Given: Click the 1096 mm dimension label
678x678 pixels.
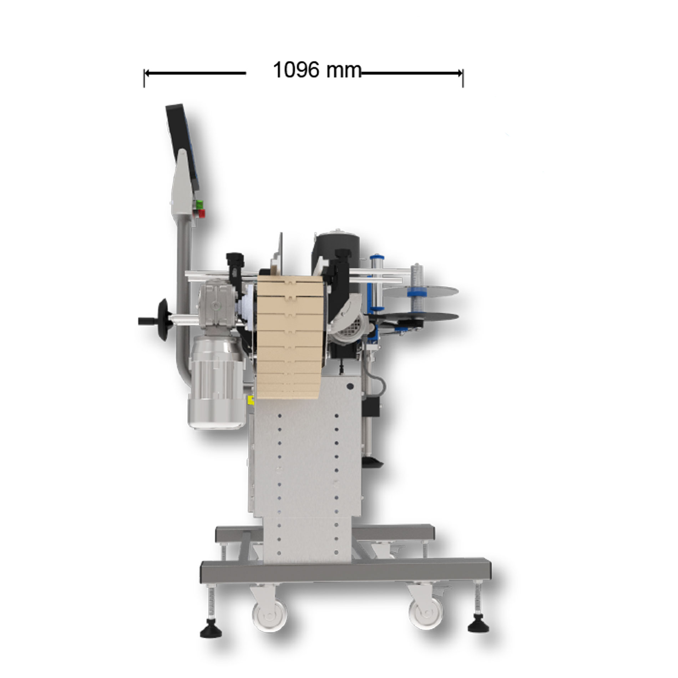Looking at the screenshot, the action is tap(317, 70).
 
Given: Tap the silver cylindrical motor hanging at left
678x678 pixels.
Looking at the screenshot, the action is tap(216, 383).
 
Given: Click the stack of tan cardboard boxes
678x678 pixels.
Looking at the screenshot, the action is tap(288, 337).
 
